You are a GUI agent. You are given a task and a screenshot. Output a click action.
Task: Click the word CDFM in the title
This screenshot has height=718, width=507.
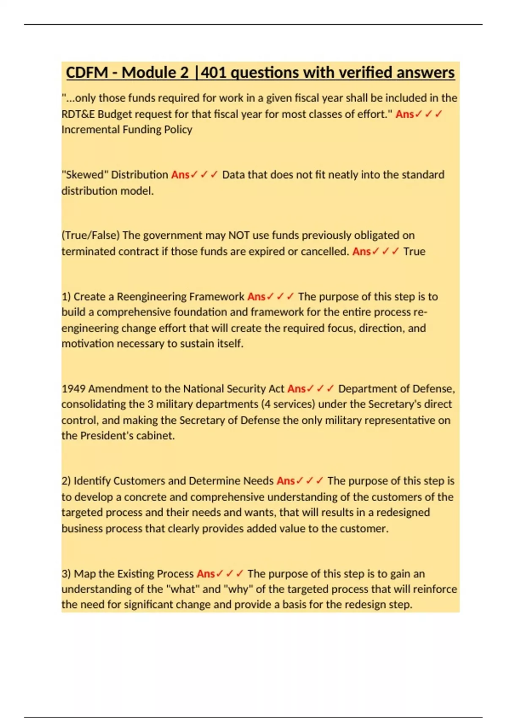pyautogui.click(x=87, y=73)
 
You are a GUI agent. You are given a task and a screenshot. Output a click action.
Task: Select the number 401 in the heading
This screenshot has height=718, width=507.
pyautogui.click(x=214, y=73)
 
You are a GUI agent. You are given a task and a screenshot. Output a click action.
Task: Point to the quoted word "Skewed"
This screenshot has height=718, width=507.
pyautogui.click(x=85, y=175)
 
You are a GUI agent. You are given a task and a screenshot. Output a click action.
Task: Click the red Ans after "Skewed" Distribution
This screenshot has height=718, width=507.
pyautogui.click(x=180, y=175)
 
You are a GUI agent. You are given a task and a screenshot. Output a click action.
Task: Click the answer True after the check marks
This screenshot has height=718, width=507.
pyautogui.click(x=414, y=252)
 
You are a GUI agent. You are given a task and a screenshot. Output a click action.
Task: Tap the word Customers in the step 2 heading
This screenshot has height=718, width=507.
pyautogui.click(x=139, y=481)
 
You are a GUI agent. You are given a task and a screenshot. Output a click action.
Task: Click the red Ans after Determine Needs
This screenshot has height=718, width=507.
pyautogui.click(x=286, y=481)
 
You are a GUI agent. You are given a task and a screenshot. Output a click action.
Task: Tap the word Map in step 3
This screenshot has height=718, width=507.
pyautogui.click(x=83, y=574)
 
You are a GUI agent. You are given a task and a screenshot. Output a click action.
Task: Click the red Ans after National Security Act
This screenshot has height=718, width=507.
pyautogui.click(x=297, y=389)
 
